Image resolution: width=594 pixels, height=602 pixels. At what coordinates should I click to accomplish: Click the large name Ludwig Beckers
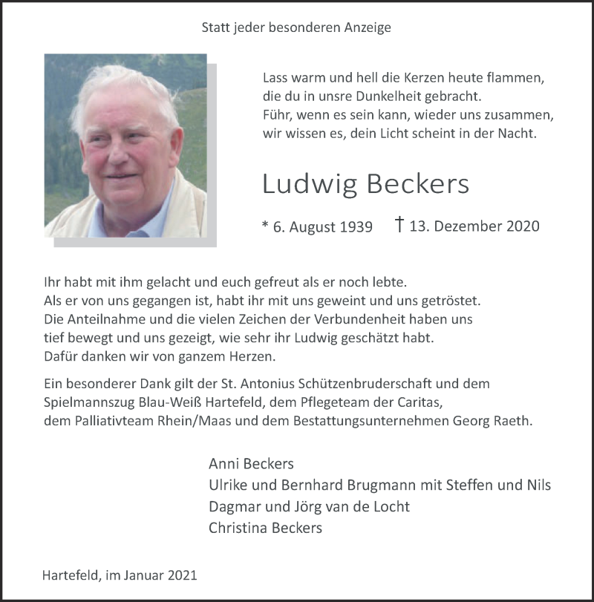(x=365, y=185)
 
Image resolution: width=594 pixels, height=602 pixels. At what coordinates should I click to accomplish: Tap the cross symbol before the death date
(x=399, y=225)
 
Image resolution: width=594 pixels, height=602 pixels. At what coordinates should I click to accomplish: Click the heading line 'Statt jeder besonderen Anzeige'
(x=296, y=28)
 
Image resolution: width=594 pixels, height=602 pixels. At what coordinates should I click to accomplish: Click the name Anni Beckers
(x=251, y=464)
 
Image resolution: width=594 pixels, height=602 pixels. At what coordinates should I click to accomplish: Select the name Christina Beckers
(x=265, y=529)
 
